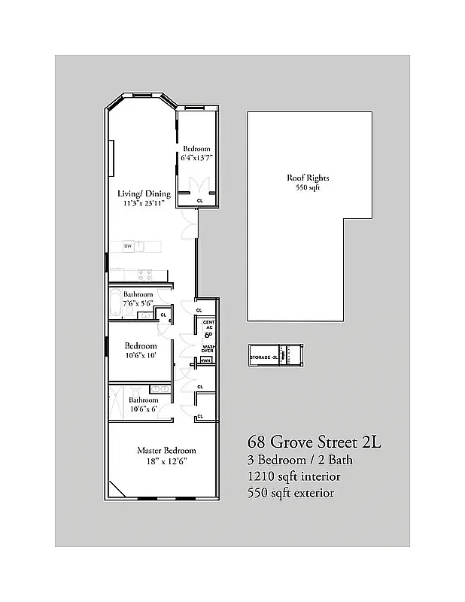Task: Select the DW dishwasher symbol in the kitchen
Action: pyautogui.click(x=128, y=246)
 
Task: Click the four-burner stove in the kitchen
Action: pyautogui.click(x=145, y=273)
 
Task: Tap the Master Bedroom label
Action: pyautogui.click(x=166, y=450)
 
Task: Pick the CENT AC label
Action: pyautogui.click(x=208, y=326)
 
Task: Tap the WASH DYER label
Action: pyautogui.click(x=208, y=349)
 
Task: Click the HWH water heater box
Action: pyautogui.click(x=205, y=361)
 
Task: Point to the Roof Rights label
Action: pyautogui.click(x=308, y=178)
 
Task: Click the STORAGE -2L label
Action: pyautogui.click(x=264, y=356)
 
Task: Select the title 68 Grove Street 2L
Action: pyautogui.click(x=315, y=442)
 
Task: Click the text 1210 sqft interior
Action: pyautogui.click(x=293, y=476)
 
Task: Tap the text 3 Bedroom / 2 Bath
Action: pyautogui.click(x=299, y=460)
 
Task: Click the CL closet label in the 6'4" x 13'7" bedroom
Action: pyautogui.click(x=199, y=201)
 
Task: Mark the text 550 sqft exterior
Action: pyautogui.click(x=290, y=493)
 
